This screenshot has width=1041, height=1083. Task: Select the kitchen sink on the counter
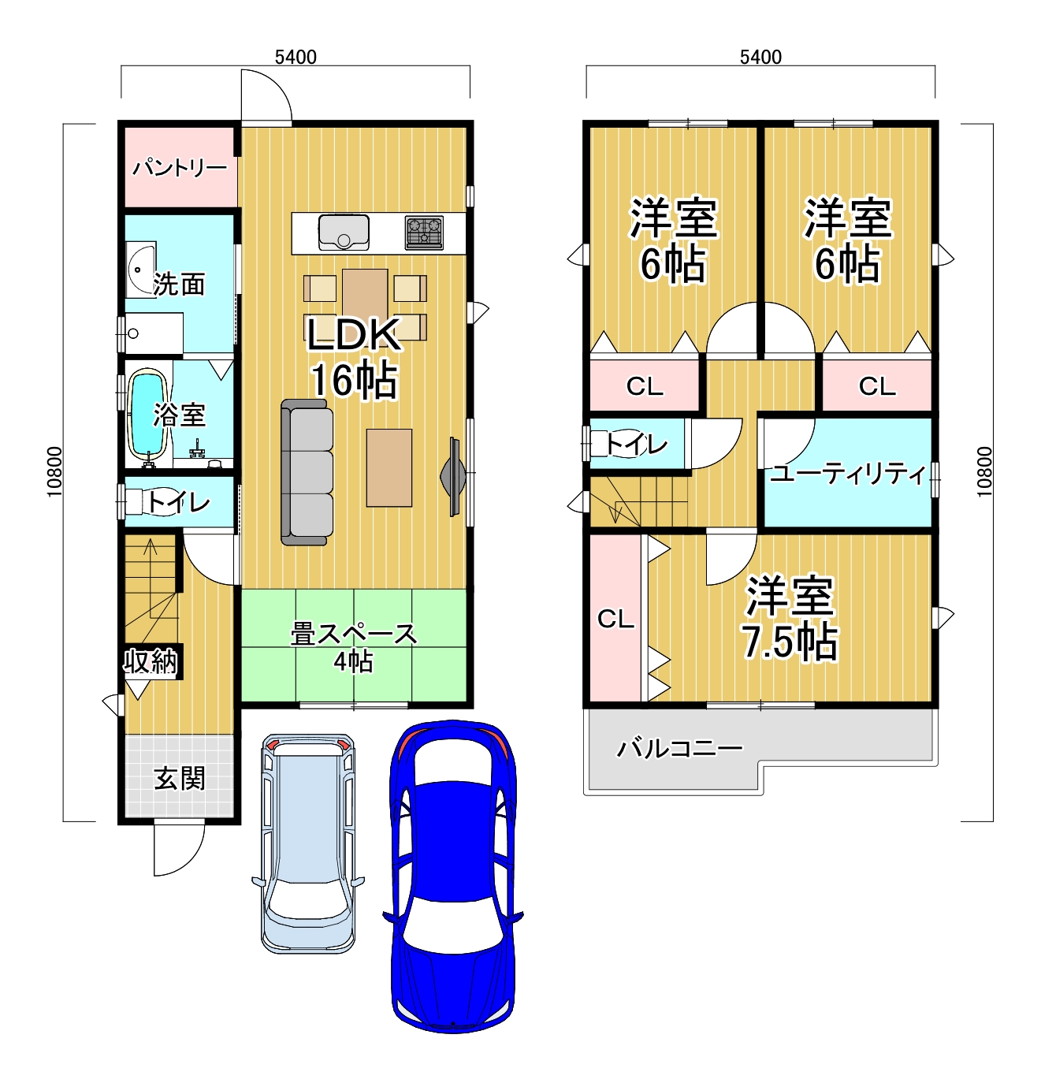tap(344, 232)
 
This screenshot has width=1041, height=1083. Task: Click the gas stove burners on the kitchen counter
tap(425, 232)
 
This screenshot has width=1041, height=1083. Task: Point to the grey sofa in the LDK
tap(307, 472)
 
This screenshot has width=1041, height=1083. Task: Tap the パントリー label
tap(180, 167)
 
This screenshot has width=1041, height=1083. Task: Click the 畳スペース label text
tap(354, 635)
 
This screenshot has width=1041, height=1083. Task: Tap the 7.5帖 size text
tap(790, 642)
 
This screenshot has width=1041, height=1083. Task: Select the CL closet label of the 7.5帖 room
tap(616, 618)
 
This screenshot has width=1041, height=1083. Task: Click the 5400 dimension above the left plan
tap(296, 57)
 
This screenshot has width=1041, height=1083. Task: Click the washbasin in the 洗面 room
tap(140, 270)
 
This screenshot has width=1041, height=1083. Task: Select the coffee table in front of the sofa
tap(389, 467)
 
